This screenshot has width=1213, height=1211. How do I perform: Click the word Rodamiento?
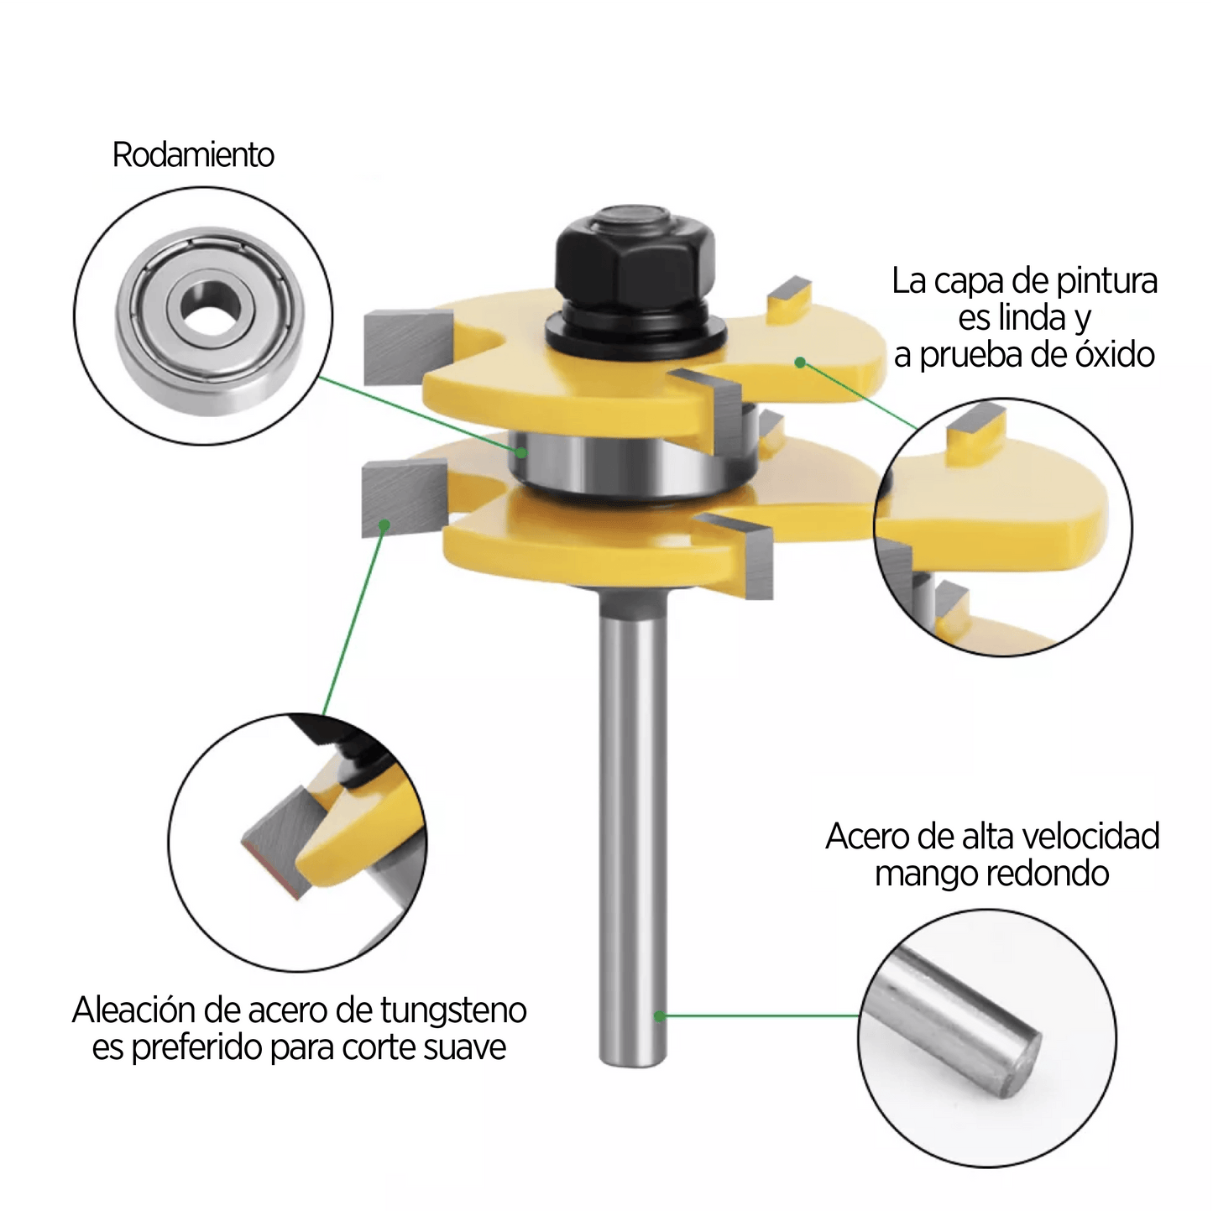pyautogui.click(x=193, y=154)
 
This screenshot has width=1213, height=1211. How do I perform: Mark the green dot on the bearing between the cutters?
pyautogui.click(x=522, y=452)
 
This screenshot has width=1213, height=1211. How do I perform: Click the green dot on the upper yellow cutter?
pyautogui.click(x=800, y=363)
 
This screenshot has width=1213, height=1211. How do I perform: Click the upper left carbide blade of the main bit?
pyautogui.click(x=408, y=348)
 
